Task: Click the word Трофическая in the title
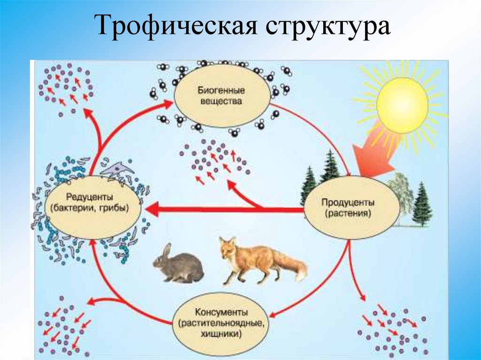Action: pyautogui.click(x=177, y=27)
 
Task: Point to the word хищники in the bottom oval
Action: pyautogui.click(x=220, y=334)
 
